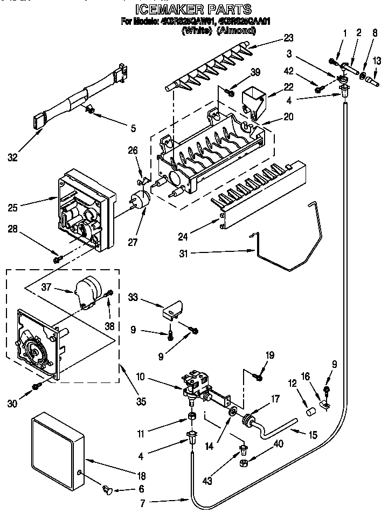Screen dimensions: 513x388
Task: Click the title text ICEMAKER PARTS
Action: tap(192, 10)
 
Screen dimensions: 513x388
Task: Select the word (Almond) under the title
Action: tap(235, 31)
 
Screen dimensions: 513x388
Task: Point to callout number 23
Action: tap(289, 38)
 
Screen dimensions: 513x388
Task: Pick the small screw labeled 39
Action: tap(230, 93)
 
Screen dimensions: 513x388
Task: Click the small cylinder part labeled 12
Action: tap(310, 413)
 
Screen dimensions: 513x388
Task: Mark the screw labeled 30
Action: tap(36, 386)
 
